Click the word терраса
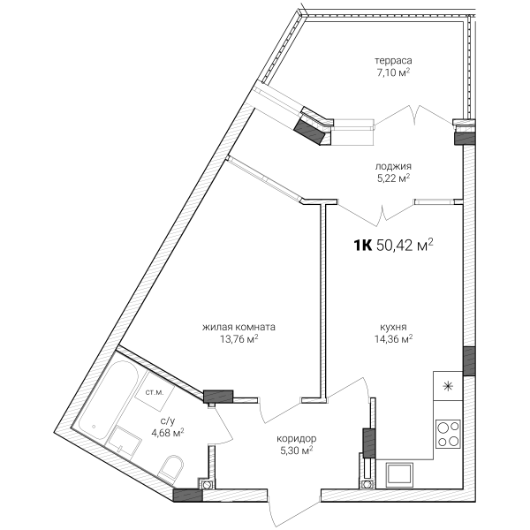[x=393, y=61]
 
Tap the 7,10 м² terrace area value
[x=393, y=72]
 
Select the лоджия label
[x=393, y=166]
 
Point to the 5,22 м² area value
[x=393, y=178]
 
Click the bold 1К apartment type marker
[x=363, y=246]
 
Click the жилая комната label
[x=238, y=327]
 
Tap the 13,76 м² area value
[x=239, y=338]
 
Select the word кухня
[x=393, y=327]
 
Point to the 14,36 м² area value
[x=393, y=338]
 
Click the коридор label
[x=297, y=439]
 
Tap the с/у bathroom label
[x=168, y=421]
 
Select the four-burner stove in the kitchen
[x=448, y=434]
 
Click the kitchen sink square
[x=399, y=474]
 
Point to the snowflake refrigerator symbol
[x=448, y=386]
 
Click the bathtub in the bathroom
[x=108, y=400]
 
